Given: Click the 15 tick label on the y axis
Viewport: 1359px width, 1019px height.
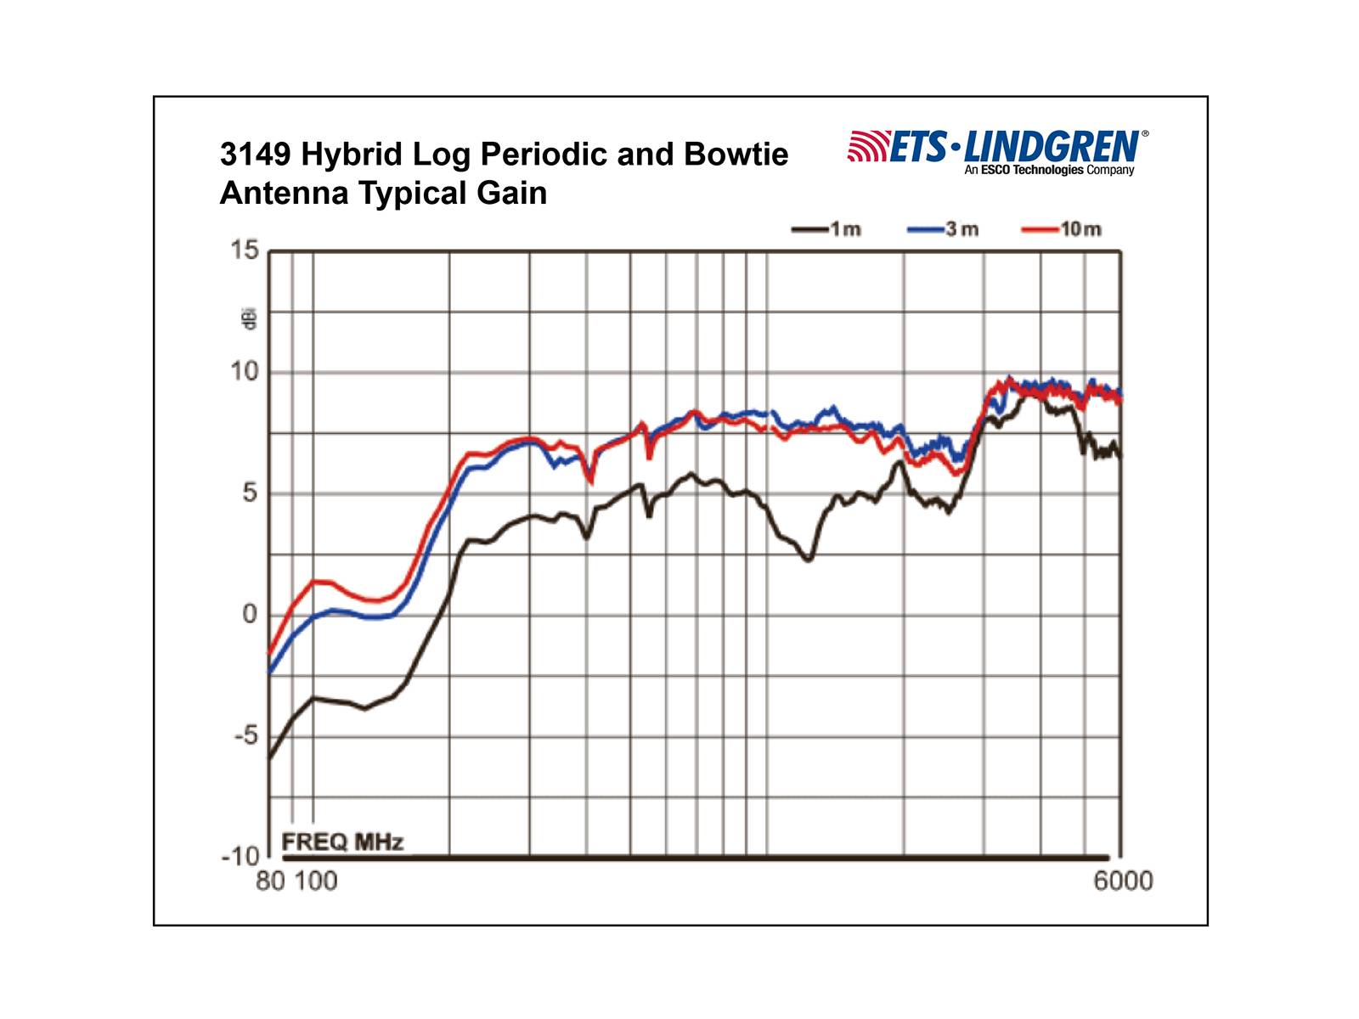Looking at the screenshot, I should [x=245, y=250].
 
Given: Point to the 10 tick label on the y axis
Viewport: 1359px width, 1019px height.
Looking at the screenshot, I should [x=245, y=371].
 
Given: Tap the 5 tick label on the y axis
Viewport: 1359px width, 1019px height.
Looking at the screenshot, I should [x=249, y=493].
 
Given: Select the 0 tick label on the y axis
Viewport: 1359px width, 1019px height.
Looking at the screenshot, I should [x=249, y=614].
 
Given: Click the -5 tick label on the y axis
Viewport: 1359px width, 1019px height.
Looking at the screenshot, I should [x=245, y=735].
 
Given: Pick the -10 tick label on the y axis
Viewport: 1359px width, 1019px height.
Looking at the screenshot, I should [x=240, y=856].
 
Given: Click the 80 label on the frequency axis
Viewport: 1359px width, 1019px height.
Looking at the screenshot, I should [x=270, y=881].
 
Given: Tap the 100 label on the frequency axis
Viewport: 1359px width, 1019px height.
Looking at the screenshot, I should [x=316, y=881].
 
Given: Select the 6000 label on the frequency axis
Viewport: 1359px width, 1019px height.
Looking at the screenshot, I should [x=1123, y=881].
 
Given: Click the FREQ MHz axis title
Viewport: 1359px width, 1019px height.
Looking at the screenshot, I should [x=342, y=842].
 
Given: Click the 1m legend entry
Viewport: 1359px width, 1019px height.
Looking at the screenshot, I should [x=844, y=229].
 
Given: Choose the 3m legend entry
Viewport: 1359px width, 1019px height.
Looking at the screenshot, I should [x=961, y=229].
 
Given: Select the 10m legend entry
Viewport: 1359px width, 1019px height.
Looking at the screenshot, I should [x=1080, y=229].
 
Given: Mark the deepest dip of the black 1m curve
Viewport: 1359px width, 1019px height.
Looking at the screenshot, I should [x=808, y=559].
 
